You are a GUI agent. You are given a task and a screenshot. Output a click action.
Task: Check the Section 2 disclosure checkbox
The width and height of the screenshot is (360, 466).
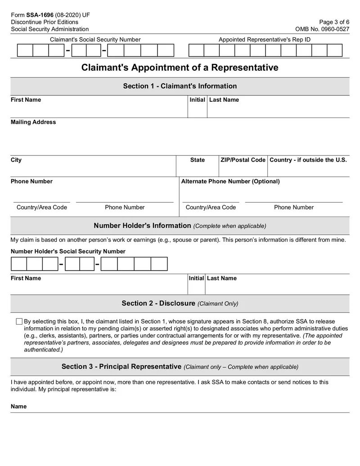click(19, 321)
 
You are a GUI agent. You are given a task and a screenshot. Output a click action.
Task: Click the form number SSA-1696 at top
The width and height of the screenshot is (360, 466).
click(40, 15)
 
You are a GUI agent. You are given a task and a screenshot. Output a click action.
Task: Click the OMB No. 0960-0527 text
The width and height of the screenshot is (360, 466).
click(322, 29)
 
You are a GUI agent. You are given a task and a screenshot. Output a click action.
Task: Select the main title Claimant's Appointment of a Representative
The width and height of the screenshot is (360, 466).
click(180, 68)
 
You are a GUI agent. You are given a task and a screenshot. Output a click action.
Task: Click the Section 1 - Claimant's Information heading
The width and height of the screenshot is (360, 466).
click(180, 86)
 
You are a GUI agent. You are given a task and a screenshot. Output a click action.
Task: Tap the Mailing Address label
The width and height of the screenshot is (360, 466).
click(33, 122)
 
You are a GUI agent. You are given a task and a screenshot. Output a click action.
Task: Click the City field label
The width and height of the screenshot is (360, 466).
click(16, 160)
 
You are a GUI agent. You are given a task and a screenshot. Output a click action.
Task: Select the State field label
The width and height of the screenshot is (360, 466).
click(197, 160)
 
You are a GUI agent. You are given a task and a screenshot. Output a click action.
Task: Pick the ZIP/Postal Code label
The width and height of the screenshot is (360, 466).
click(243, 160)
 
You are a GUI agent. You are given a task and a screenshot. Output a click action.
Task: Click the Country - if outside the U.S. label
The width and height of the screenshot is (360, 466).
click(308, 160)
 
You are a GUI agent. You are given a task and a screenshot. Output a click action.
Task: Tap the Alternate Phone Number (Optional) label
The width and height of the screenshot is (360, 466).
click(230, 181)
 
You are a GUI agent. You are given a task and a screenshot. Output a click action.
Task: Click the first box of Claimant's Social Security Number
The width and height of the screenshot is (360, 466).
click(25, 50)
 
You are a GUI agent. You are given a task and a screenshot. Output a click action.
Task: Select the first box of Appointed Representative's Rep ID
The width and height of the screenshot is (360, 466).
click(196, 50)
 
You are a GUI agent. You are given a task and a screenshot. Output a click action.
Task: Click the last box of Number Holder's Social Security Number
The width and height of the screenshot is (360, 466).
click(159, 264)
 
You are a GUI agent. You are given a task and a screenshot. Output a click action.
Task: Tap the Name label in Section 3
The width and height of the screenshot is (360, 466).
click(18, 407)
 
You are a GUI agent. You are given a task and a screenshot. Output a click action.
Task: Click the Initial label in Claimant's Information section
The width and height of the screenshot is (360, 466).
click(197, 100)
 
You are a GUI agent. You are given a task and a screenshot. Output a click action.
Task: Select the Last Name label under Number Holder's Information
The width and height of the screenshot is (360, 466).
click(221, 278)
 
